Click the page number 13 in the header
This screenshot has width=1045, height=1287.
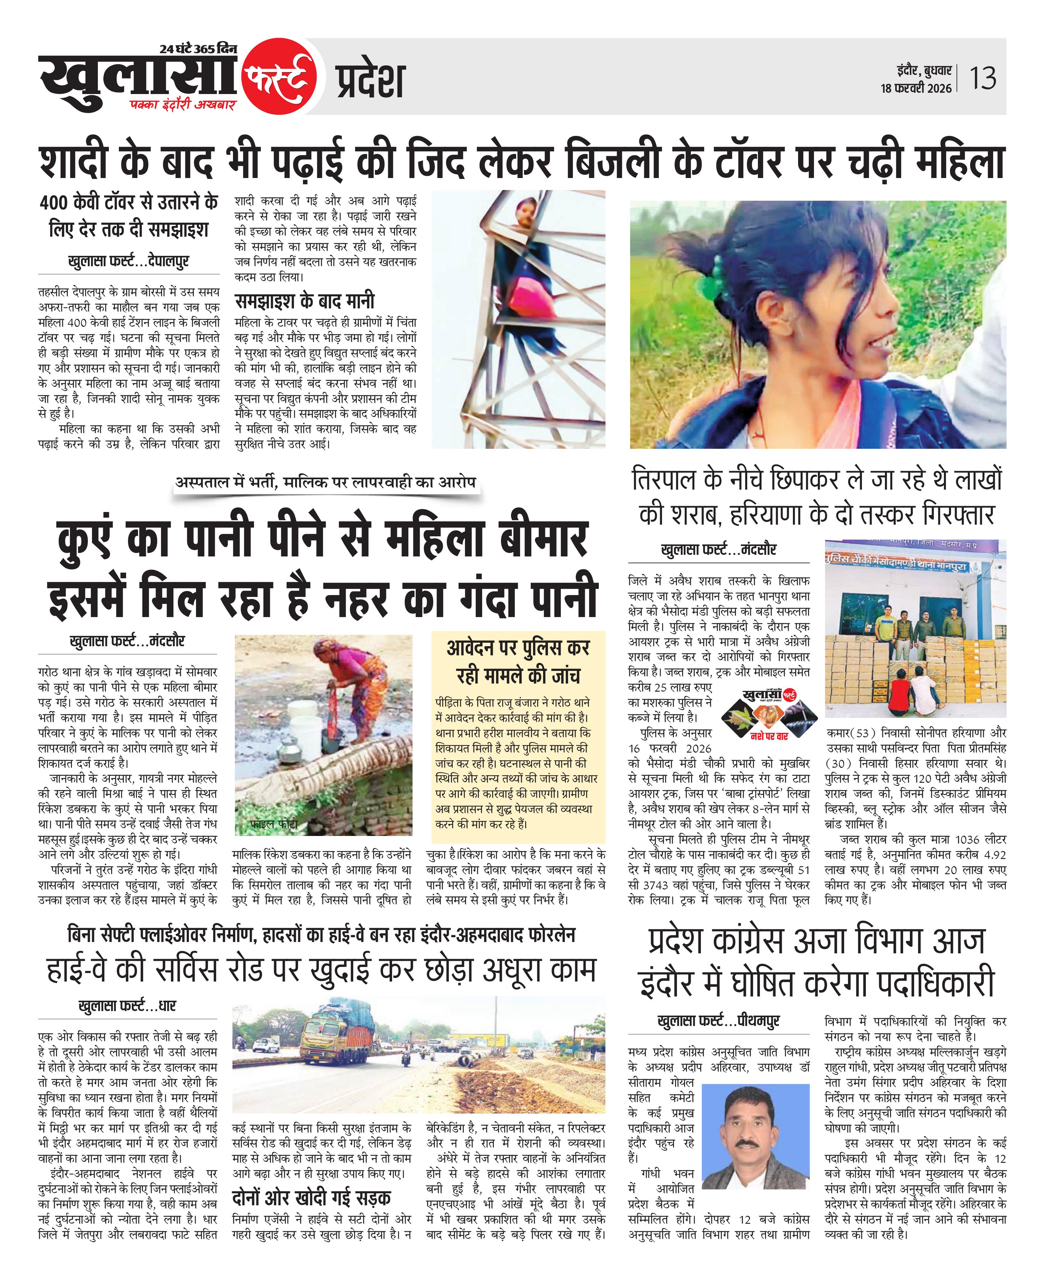pos(982,78)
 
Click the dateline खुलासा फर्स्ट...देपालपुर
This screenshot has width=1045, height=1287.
pos(128,261)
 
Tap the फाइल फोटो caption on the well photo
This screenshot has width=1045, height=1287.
pos(274,824)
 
